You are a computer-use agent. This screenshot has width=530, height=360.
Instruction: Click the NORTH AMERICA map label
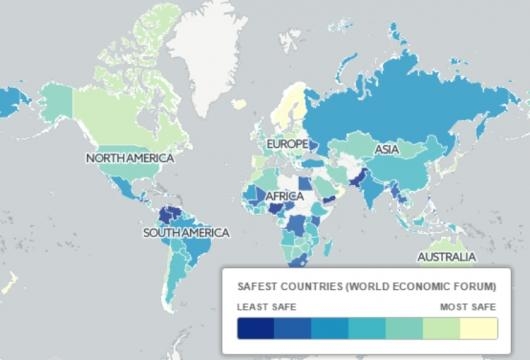(x=129, y=158)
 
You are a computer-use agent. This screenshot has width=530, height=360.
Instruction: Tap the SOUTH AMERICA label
(x=185, y=233)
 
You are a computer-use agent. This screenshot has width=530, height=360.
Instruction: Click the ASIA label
(x=387, y=150)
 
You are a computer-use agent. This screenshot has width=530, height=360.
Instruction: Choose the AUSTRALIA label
(x=446, y=257)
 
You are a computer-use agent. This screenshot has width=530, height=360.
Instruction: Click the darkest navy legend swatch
(x=255, y=330)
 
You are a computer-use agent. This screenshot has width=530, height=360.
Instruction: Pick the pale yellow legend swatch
(x=477, y=330)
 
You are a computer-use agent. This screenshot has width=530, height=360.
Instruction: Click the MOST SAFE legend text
(x=468, y=307)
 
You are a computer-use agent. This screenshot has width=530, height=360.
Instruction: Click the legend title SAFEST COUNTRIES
(x=306, y=286)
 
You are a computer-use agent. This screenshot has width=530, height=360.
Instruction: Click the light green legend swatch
(x=440, y=330)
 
